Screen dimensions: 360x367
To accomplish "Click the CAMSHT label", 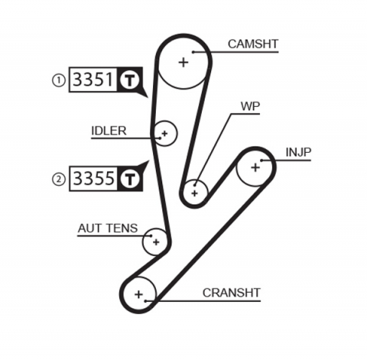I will point(252,44).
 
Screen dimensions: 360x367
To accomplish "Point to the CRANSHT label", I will point(232,292).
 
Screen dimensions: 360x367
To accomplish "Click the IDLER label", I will point(109,130).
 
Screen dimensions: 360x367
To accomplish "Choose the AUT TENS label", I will point(108,228).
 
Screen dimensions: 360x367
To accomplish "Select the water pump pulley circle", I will point(195,191).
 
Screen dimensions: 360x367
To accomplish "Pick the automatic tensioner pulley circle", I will point(155,242).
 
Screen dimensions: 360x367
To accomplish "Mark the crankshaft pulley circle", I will point(138,293).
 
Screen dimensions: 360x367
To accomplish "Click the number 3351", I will point(93,79).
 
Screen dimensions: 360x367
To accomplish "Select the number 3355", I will point(93,180).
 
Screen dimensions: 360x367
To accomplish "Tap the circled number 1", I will point(58,79).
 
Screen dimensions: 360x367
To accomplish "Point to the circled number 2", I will point(58,180).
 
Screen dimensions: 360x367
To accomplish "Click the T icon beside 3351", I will point(130,79).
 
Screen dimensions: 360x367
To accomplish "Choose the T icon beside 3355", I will point(130,180).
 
